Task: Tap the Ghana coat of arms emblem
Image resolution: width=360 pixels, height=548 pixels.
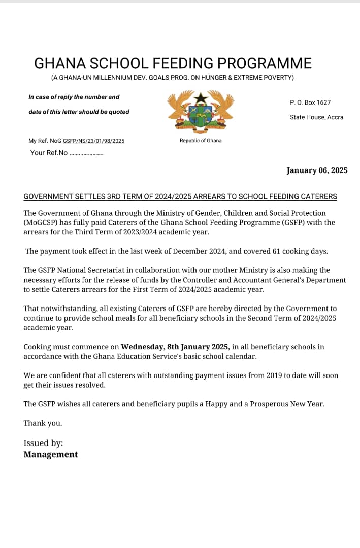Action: (200, 111)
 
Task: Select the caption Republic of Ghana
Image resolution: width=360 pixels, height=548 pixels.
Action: (201, 141)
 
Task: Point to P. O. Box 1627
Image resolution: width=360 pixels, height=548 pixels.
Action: (310, 102)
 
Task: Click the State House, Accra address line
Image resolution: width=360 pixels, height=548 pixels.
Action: (316, 117)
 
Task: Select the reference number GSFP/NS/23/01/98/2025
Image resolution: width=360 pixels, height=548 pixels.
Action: (93, 141)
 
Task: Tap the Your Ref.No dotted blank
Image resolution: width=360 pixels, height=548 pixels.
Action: (86, 153)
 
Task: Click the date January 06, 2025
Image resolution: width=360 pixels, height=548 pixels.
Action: (317, 170)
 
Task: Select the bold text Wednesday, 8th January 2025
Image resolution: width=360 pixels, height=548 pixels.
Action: (175, 347)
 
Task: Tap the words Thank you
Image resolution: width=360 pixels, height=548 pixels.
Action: (43, 423)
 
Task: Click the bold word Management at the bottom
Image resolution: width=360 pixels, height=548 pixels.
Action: (51, 455)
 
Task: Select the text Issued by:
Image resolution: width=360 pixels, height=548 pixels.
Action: (43, 443)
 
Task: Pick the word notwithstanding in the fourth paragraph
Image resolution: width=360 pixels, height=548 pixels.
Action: (66, 309)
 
